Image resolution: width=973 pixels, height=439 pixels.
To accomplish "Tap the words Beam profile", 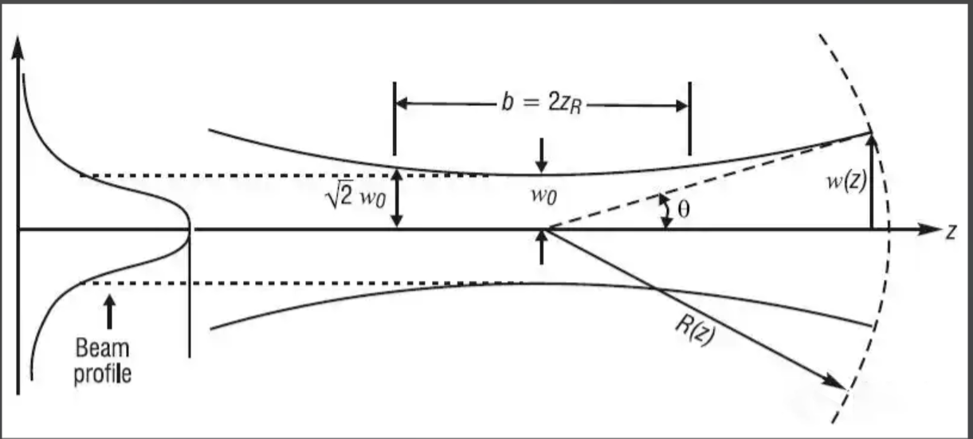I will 103,361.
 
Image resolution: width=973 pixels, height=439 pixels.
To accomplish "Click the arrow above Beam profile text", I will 109,312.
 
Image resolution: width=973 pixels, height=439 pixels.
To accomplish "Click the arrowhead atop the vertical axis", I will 18,49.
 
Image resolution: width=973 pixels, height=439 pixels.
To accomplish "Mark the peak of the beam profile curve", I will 189,229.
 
